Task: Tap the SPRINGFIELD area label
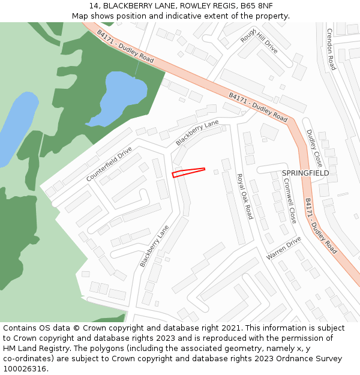[x=305, y=173]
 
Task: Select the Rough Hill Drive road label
[x=259, y=41]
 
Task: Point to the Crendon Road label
[x=331, y=49]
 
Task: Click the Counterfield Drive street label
[x=109, y=164]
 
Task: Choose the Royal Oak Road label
[x=244, y=196]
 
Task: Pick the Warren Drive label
[x=284, y=248]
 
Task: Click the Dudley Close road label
[x=314, y=148]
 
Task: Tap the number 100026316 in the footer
[x=24, y=368]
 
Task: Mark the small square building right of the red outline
[x=216, y=172]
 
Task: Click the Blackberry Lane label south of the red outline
[x=154, y=247]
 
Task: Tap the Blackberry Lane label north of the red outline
[x=197, y=133]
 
